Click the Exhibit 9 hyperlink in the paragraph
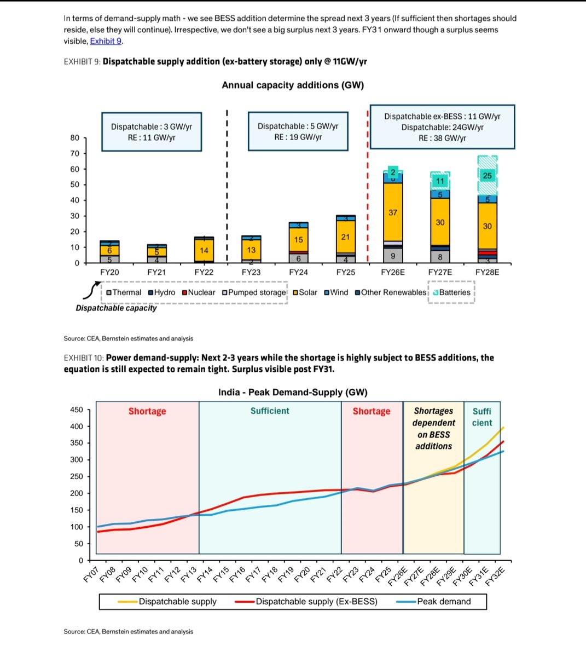pos(106,41)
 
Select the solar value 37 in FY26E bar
pos(393,212)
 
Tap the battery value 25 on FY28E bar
pos(487,176)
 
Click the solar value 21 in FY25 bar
pos(345,237)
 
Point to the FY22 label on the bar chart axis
pos(204,272)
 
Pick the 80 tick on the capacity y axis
pos(75,138)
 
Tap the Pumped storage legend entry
pos(254,292)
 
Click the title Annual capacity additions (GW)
pos(293,85)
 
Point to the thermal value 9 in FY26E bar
pos(393,256)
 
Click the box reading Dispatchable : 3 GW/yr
pos(152,132)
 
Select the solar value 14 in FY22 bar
pos(204,250)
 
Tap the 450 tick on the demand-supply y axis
pos(77,410)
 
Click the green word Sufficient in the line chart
pos(270,411)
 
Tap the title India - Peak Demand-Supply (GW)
pos(293,393)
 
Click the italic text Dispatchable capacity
pos(116,308)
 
